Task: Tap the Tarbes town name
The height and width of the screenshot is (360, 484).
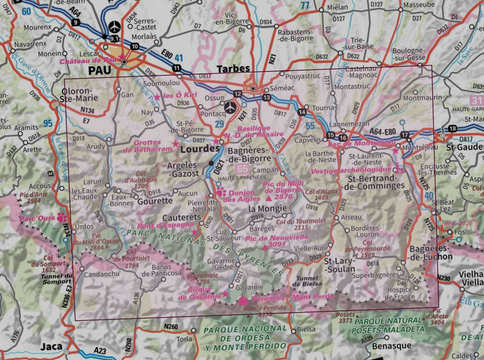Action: pyautogui.click(x=233, y=69)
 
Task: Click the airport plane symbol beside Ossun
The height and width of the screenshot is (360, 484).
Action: pyautogui.click(x=231, y=107)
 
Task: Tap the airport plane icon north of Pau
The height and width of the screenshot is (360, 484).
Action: pyautogui.click(x=114, y=27)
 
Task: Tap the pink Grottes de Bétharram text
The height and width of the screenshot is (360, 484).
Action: pyautogui.click(x=146, y=146)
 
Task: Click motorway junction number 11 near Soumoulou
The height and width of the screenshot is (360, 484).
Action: pyautogui.click(x=176, y=69)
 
